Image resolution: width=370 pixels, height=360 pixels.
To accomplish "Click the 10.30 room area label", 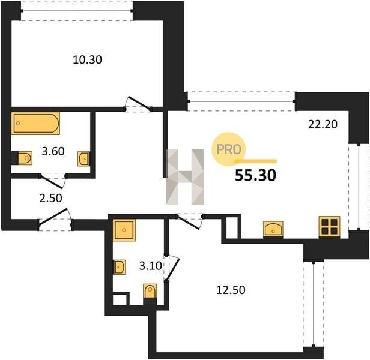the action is tap(87, 60).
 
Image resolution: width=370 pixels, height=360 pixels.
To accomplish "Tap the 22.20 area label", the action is tap(323, 124).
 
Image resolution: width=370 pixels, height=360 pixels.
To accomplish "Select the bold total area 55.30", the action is tap(255, 176).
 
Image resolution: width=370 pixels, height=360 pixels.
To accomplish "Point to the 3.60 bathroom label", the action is tap(53, 151).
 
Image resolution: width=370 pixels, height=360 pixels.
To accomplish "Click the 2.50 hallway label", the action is tap(50, 198).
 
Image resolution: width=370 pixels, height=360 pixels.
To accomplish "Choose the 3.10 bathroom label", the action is tap(150, 266).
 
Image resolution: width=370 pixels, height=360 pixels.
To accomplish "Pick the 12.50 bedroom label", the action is tap(231, 290).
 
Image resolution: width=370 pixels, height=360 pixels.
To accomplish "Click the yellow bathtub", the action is tap(35, 124).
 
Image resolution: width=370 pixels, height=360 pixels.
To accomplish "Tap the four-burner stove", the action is tap(329, 226).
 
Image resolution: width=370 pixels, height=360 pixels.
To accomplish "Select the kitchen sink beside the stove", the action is tap(273, 229).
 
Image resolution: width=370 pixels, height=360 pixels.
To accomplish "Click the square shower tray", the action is tap(124, 230).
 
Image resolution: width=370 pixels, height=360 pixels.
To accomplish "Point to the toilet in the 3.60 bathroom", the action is tap(23, 158).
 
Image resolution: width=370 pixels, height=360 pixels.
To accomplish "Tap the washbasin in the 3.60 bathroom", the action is tap(83, 158).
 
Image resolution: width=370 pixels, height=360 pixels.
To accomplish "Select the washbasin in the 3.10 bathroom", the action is tap(120, 267).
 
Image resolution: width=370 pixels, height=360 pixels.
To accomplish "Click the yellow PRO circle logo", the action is tap(228, 149).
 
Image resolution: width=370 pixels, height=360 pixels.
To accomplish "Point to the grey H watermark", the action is tap(185, 177).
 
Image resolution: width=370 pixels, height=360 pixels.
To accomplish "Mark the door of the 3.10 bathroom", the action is tap(172, 268).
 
